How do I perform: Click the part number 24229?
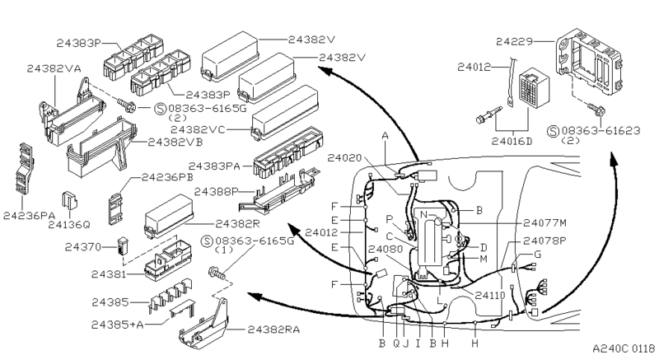(x=514, y=41)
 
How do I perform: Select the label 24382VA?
(x=54, y=68)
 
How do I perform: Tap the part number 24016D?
(x=512, y=141)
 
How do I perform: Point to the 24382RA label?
(x=273, y=330)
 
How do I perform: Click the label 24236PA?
(x=30, y=216)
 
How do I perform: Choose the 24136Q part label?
(x=69, y=225)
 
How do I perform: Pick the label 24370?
(x=83, y=247)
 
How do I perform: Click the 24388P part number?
(x=216, y=192)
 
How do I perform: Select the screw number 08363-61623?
(x=601, y=131)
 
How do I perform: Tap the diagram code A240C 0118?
(x=624, y=348)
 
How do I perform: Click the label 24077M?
(x=544, y=222)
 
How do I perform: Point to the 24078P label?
(x=544, y=241)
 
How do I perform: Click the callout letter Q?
(x=396, y=344)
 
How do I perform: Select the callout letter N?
(x=423, y=214)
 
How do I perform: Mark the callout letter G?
(x=537, y=255)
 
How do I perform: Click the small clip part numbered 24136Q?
(x=69, y=200)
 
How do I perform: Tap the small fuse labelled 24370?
(x=122, y=246)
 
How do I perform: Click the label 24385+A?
(x=117, y=325)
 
